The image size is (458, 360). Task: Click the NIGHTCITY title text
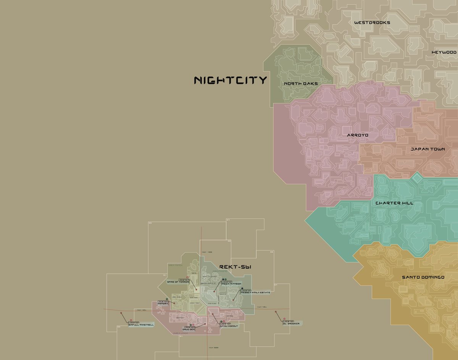pyautogui.click(x=230, y=81)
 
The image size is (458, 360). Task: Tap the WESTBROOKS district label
pyautogui.click(x=372, y=23)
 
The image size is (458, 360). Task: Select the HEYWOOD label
pyautogui.click(x=444, y=52)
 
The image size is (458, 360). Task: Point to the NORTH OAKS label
pyautogui.click(x=301, y=84)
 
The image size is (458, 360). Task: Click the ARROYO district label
pyautogui.click(x=358, y=135)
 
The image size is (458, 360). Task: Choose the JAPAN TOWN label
pyautogui.click(x=427, y=149)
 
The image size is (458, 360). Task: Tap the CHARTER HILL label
pyautogui.click(x=394, y=203)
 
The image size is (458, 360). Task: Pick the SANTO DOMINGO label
pyautogui.click(x=423, y=277)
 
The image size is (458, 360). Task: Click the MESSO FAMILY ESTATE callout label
pyautogui.click(x=255, y=292)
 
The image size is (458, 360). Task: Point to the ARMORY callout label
pyautogui.click(x=163, y=303)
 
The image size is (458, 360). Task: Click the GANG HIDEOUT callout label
pyautogui.click(x=229, y=326)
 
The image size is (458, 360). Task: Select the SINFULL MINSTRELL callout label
pyautogui.click(x=141, y=325)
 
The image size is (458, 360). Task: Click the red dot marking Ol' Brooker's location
pyautogui.click(x=276, y=312)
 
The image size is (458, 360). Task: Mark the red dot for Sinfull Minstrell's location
pyautogui.click(x=121, y=313)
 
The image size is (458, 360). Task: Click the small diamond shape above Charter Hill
pyautogui.click(x=417, y=178)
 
